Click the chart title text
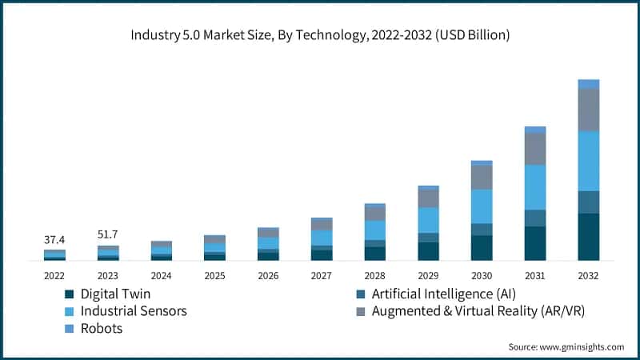320,36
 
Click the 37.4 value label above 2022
54,240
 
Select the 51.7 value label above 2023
108,234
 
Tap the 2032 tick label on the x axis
588,275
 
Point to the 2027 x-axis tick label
322,275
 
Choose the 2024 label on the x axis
162,275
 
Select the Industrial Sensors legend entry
133,310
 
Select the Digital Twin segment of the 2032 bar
588,236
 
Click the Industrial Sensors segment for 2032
588,161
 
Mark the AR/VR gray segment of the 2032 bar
588,110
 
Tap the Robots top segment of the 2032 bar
588,83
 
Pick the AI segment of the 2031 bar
535,218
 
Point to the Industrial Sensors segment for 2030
482,206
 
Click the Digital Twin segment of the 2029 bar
428,250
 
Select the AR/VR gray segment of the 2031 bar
535,149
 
